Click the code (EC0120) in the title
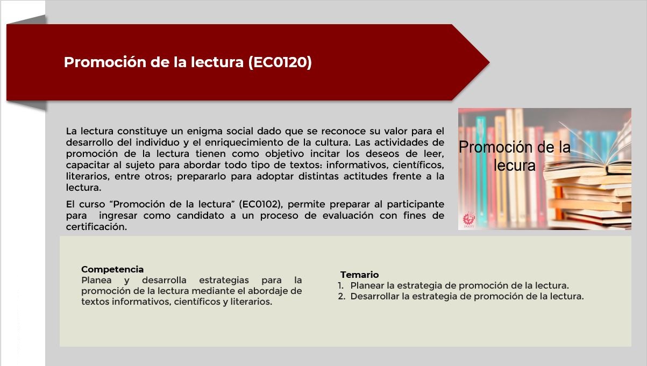[x=280, y=62]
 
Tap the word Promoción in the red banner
[x=105, y=62]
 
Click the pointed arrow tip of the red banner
[x=489, y=62]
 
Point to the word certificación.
[x=96, y=227]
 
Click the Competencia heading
[x=112, y=269]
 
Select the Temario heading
[x=359, y=275]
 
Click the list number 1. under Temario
[x=341, y=285]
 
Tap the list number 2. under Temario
[x=342, y=297]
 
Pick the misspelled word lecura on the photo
[x=514, y=165]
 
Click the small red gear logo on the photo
[x=469, y=219]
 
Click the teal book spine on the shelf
[x=481, y=170]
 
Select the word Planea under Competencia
[x=96, y=280]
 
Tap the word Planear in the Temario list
[x=367, y=285]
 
